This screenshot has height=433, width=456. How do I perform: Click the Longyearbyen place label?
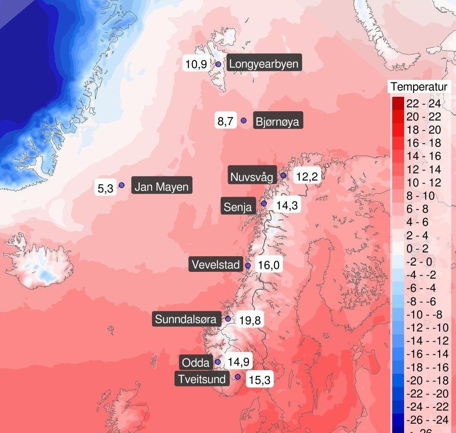coord(264,64)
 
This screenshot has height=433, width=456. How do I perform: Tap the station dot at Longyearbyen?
coord(218,64)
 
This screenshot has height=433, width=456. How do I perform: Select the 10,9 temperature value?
coord(196,64)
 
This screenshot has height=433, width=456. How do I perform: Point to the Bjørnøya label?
coord(277,122)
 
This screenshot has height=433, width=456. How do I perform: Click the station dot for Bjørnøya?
coord(244,121)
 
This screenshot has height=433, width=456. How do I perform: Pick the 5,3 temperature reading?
coord(106,188)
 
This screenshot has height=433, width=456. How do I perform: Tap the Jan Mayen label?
coord(161,186)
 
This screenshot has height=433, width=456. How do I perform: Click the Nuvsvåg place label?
coord(252,176)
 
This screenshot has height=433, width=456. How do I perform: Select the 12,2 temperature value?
coord(307,176)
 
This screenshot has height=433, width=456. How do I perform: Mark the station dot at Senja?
coord(264,203)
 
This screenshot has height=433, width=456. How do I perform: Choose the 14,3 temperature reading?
coord(287,206)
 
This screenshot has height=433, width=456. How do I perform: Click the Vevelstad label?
coord(216,265)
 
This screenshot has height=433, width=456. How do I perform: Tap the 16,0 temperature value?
coord(269,266)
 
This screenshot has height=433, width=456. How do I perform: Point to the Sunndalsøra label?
coord(186,319)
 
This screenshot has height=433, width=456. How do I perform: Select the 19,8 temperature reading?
coord(250,320)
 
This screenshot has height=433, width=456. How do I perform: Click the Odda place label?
coord(195,362)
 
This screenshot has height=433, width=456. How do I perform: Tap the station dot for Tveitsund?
coord(238,376)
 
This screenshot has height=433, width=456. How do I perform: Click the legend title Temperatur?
coord(418,87)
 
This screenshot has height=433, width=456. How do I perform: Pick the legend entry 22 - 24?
coord(423,104)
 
